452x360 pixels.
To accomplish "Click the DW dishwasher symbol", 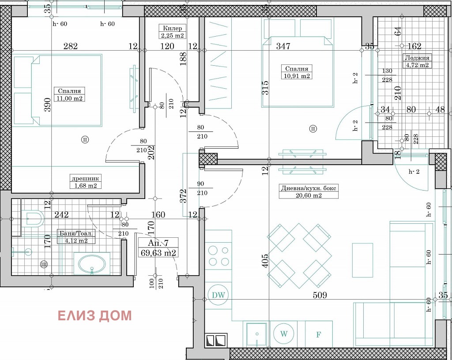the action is [x=218, y=295].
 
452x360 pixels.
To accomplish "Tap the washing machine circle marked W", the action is [x=284, y=334].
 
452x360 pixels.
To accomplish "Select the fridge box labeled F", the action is [x=319, y=335].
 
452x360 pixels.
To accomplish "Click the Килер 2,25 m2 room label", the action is [x=173, y=32].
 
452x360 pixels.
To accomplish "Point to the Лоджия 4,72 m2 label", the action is [x=417, y=61].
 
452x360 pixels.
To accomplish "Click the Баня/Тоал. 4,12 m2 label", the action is [x=76, y=236].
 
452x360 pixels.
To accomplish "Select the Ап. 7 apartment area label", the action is [x=158, y=247].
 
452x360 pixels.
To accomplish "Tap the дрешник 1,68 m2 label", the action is [x=86, y=182].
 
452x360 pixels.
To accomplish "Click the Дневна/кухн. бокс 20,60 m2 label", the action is [x=309, y=191].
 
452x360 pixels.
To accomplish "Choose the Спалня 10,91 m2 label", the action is [x=297, y=72].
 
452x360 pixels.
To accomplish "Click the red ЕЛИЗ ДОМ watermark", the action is [x=94, y=315].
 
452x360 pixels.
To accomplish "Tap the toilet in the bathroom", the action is [x=33, y=218].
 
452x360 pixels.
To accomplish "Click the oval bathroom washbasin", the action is [x=92, y=264].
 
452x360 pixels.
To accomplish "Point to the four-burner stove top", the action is [x=218, y=255].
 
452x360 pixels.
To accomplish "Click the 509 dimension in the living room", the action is [x=320, y=295].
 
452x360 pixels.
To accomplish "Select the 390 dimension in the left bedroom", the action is [x=48, y=105].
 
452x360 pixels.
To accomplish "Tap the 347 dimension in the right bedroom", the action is [x=283, y=46].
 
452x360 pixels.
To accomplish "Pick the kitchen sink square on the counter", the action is [x=256, y=334].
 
